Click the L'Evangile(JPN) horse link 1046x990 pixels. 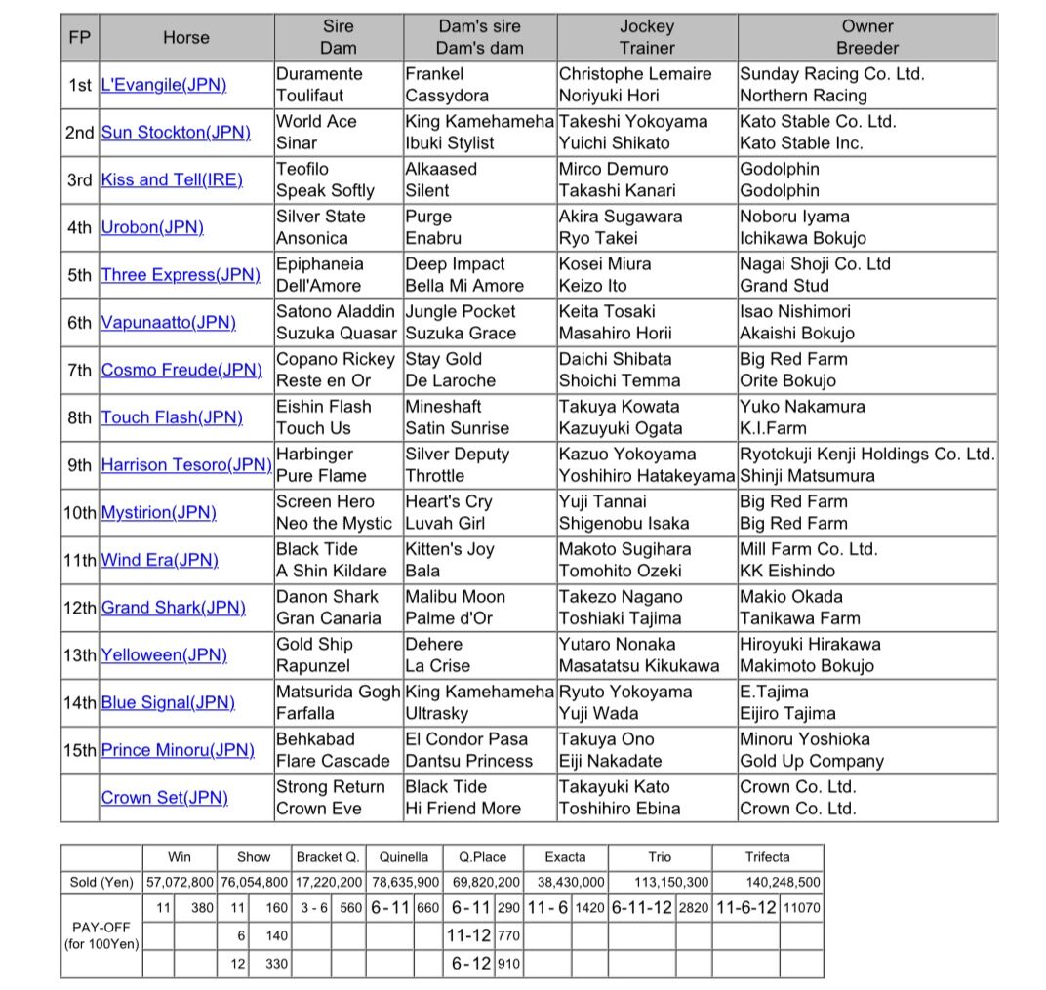pyautogui.click(x=164, y=85)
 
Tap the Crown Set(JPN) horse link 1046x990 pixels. pyautogui.click(x=165, y=798)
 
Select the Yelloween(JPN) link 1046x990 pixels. pyautogui.click(x=164, y=655)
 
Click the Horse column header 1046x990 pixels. pyautogui.click(x=185, y=37)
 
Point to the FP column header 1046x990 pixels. pyautogui.click(x=79, y=37)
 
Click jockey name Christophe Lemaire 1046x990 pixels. pyautogui.click(x=635, y=74)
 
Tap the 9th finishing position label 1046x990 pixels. pyautogui.click(x=79, y=465)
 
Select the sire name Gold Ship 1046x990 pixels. pyautogui.click(x=314, y=645)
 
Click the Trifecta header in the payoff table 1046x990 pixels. pyautogui.click(x=767, y=857)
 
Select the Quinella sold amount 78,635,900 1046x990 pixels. pyautogui.click(x=404, y=882)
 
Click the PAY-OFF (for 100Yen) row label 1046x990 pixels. pyautogui.click(x=101, y=935)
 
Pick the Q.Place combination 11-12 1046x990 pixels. pyautogui.click(x=468, y=935)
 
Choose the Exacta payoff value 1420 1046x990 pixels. pyautogui.click(x=588, y=907)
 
